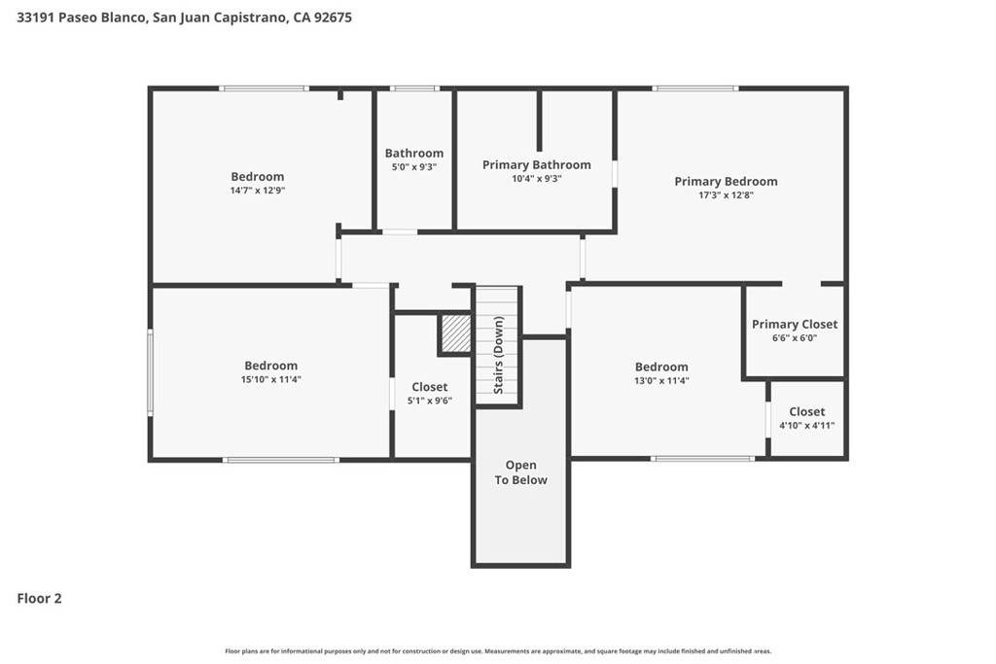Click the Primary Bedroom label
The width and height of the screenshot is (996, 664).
coord(726,182)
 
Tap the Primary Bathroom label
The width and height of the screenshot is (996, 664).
coord(537,165)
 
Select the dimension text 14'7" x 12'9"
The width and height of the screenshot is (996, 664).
coord(257,191)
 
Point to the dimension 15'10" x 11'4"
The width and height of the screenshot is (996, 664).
coord(270,379)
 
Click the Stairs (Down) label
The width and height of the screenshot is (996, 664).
coord(499,355)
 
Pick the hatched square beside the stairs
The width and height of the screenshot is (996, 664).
coord(456,333)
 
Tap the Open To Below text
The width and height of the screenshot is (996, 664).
coord(521,472)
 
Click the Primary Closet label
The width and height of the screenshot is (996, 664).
coord(795,325)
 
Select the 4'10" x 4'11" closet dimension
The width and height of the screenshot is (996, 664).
coord(806,426)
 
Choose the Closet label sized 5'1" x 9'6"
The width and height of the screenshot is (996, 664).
coord(429,387)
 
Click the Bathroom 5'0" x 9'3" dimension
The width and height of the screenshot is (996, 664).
coord(414,167)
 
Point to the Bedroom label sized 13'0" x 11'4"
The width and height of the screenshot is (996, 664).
coord(661,367)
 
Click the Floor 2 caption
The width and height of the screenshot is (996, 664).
coord(39,599)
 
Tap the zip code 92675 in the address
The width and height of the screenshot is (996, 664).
coord(333,17)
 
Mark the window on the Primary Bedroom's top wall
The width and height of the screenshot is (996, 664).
coord(695,88)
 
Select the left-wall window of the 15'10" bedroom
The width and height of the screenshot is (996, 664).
coord(151,372)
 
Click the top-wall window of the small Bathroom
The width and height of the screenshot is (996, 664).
coord(414,88)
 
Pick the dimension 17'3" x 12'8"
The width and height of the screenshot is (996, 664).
coord(726,195)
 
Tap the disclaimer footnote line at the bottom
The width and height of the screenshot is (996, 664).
coord(498,651)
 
